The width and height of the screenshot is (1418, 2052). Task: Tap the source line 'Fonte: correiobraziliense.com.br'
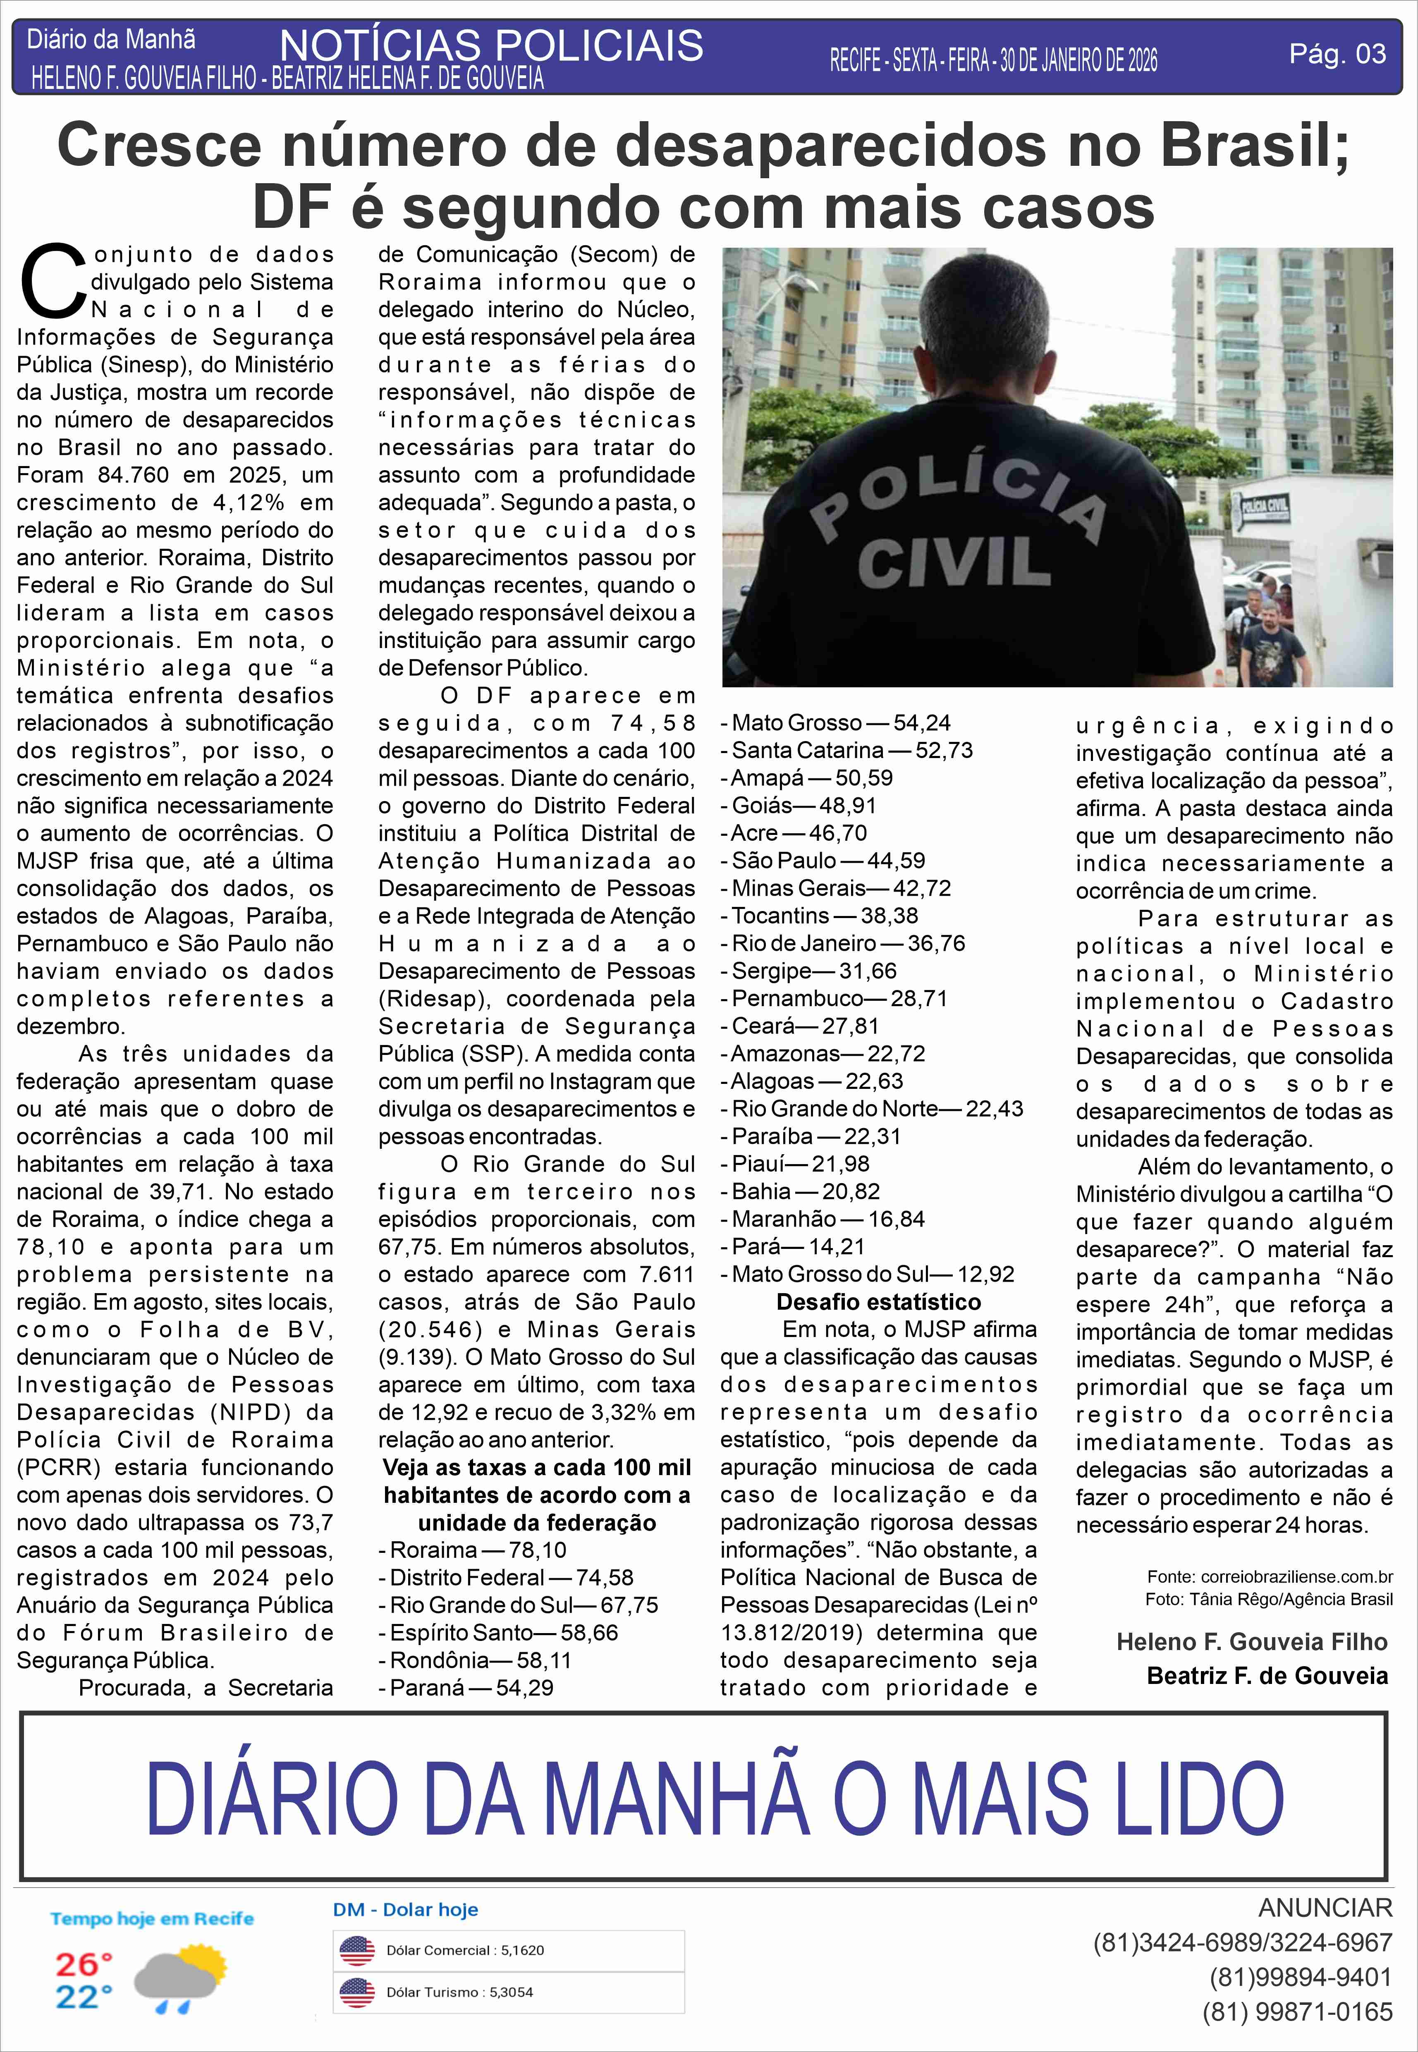pos(1270,1577)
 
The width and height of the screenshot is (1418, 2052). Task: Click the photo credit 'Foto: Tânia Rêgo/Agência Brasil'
pos(1268,1599)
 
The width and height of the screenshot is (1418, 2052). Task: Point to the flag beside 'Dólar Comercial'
pos(357,1951)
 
